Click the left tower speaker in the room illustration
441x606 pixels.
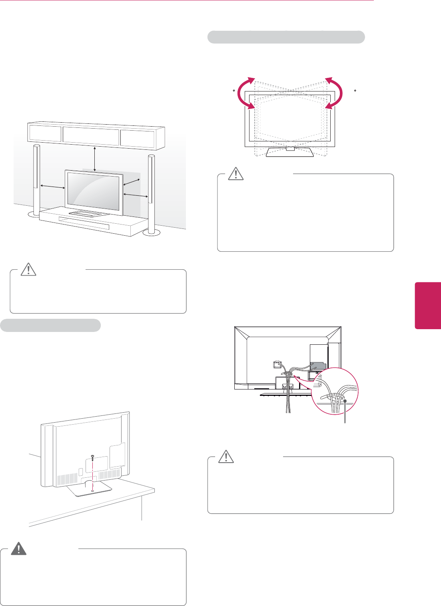(36, 180)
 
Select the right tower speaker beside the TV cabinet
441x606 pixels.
(151, 192)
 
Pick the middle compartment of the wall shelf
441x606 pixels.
(91, 136)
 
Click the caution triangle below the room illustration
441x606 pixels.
(28, 270)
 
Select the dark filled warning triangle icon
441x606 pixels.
(18, 549)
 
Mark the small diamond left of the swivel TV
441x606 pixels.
(233, 91)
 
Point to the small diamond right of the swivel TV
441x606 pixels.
(355, 91)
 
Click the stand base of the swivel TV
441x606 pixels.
(291, 152)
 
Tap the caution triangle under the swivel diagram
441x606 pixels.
(236, 174)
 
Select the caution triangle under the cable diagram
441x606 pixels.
(226, 457)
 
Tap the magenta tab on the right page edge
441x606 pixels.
(428, 305)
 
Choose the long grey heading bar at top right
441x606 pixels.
(286, 37)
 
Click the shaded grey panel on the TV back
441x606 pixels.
(318, 366)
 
